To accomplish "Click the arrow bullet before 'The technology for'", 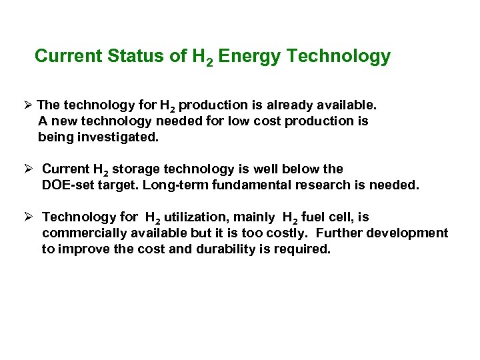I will pyautogui.click(x=27, y=105).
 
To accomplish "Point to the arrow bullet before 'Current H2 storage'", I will pyautogui.click(x=27, y=169).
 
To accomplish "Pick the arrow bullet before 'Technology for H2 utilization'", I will pyautogui.click(x=27, y=217).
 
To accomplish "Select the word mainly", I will pyautogui.click(x=254, y=217).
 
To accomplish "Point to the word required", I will pyautogui.click(x=303, y=249).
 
